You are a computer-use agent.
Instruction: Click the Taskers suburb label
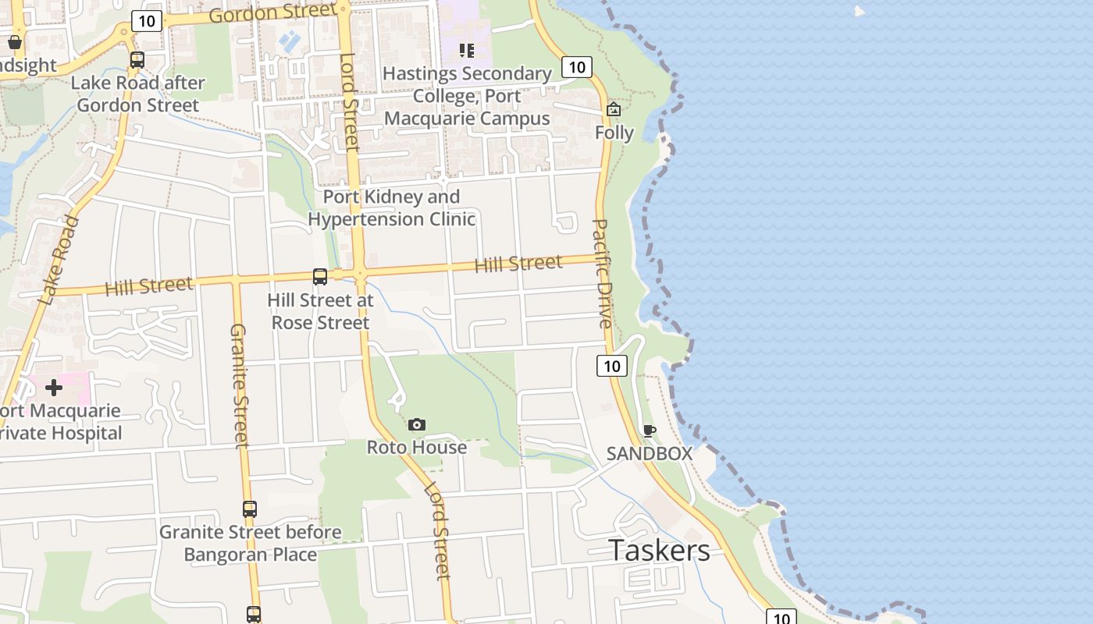point(659,551)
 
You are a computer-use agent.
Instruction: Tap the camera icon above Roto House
point(417,424)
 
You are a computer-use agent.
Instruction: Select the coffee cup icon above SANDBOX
point(649,430)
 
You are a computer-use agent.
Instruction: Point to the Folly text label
point(614,133)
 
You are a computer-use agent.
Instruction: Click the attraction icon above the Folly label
point(614,109)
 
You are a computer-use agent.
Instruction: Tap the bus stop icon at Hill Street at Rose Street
point(319,276)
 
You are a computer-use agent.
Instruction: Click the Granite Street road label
point(239,386)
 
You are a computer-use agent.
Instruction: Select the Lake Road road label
point(59,261)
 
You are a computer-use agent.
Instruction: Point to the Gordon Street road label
point(265,13)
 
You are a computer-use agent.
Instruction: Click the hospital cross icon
point(54,387)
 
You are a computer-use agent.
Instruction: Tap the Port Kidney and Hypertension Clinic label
point(391,207)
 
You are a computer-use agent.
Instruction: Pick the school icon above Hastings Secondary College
point(467,51)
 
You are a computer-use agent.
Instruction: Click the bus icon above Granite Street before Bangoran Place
point(249,509)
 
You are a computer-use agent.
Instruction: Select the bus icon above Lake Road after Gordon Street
point(137,59)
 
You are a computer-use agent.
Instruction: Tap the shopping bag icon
point(15,41)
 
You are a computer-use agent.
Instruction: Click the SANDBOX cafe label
point(650,453)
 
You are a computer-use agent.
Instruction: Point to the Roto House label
point(417,448)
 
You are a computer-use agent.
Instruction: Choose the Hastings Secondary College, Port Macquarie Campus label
point(468,96)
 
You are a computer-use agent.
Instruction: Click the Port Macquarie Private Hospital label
point(61,422)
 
